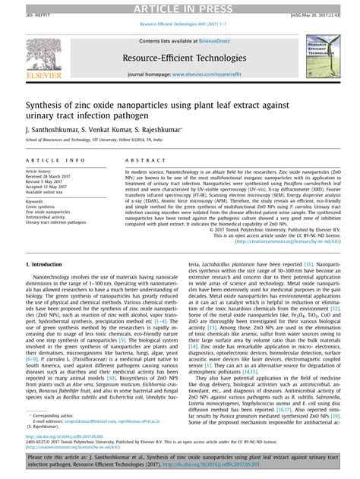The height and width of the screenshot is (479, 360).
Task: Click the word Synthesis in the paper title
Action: point(48,106)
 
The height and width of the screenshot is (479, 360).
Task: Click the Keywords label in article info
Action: point(37,200)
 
